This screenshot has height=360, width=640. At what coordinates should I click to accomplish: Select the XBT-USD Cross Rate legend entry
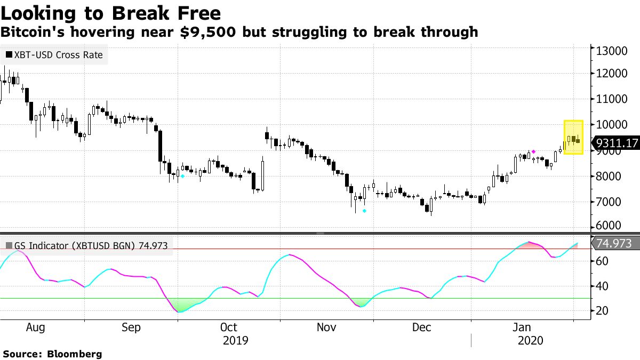pyautogui.click(x=53, y=54)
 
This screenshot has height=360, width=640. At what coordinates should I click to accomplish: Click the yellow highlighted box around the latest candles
pyautogui.click(x=573, y=138)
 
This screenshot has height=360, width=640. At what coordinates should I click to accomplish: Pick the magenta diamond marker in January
pyautogui.click(x=534, y=152)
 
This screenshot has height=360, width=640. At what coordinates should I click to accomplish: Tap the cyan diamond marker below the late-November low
pyautogui.click(x=365, y=211)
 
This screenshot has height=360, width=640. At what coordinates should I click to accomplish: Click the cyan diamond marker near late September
pyautogui.click(x=182, y=176)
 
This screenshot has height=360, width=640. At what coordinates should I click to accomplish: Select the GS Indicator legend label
pyautogui.click(x=85, y=246)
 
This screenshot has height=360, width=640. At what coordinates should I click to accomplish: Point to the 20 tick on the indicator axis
pyautogui.click(x=603, y=310)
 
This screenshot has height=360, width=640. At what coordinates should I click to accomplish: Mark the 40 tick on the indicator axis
pyautogui.click(x=603, y=286)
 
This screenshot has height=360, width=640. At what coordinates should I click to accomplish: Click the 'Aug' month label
pyautogui.click(x=36, y=327)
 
